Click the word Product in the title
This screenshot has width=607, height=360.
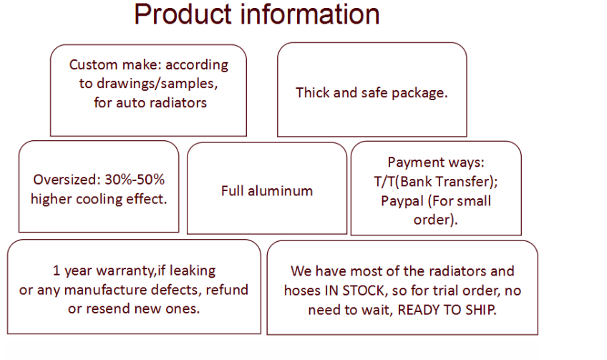[x=183, y=15]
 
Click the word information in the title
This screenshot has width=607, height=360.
[x=310, y=15]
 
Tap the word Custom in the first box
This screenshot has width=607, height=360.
[x=94, y=64]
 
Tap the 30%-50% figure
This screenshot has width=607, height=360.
[x=135, y=180]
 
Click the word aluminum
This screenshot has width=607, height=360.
[x=281, y=191]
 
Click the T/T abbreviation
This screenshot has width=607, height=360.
[x=384, y=182]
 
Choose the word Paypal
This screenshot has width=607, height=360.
[x=402, y=201]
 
